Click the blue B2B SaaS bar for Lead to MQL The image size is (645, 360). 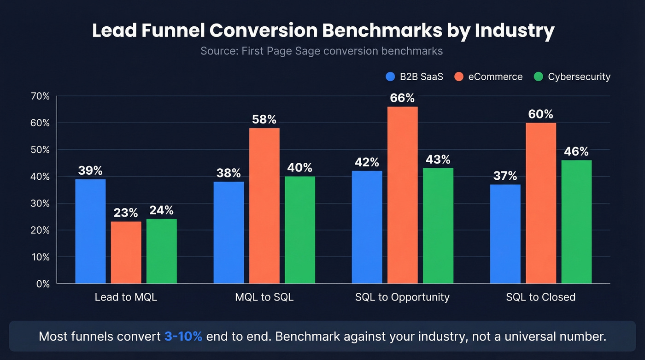point(90,231)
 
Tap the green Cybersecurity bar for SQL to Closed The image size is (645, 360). point(576,222)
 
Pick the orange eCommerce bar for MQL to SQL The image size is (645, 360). point(264,206)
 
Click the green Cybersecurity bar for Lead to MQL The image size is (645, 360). point(161,251)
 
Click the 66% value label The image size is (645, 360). point(402,98)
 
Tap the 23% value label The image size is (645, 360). point(126,213)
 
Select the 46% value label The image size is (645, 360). point(576,152)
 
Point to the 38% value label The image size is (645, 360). point(229,173)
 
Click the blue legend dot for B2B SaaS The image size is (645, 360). point(391,77)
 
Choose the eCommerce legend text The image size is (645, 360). point(495,77)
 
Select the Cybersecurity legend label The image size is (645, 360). point(579,77)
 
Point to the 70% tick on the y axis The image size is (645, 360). point(40,96)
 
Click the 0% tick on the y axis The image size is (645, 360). point(42,284)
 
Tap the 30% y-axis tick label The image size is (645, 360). point(40,203)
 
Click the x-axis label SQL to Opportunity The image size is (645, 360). point(402,297)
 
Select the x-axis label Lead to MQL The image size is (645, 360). point(126,297)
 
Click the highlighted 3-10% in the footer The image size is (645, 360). point(183,336)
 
